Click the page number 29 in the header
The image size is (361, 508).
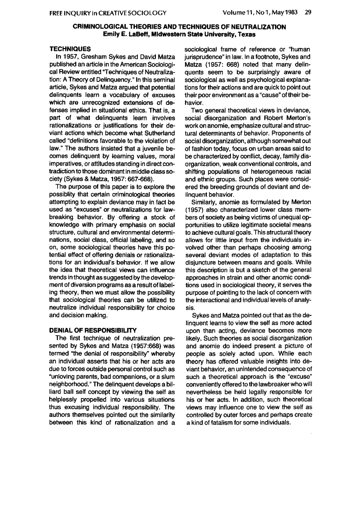coord(308,13)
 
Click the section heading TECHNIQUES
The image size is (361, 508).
coord(66,49)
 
